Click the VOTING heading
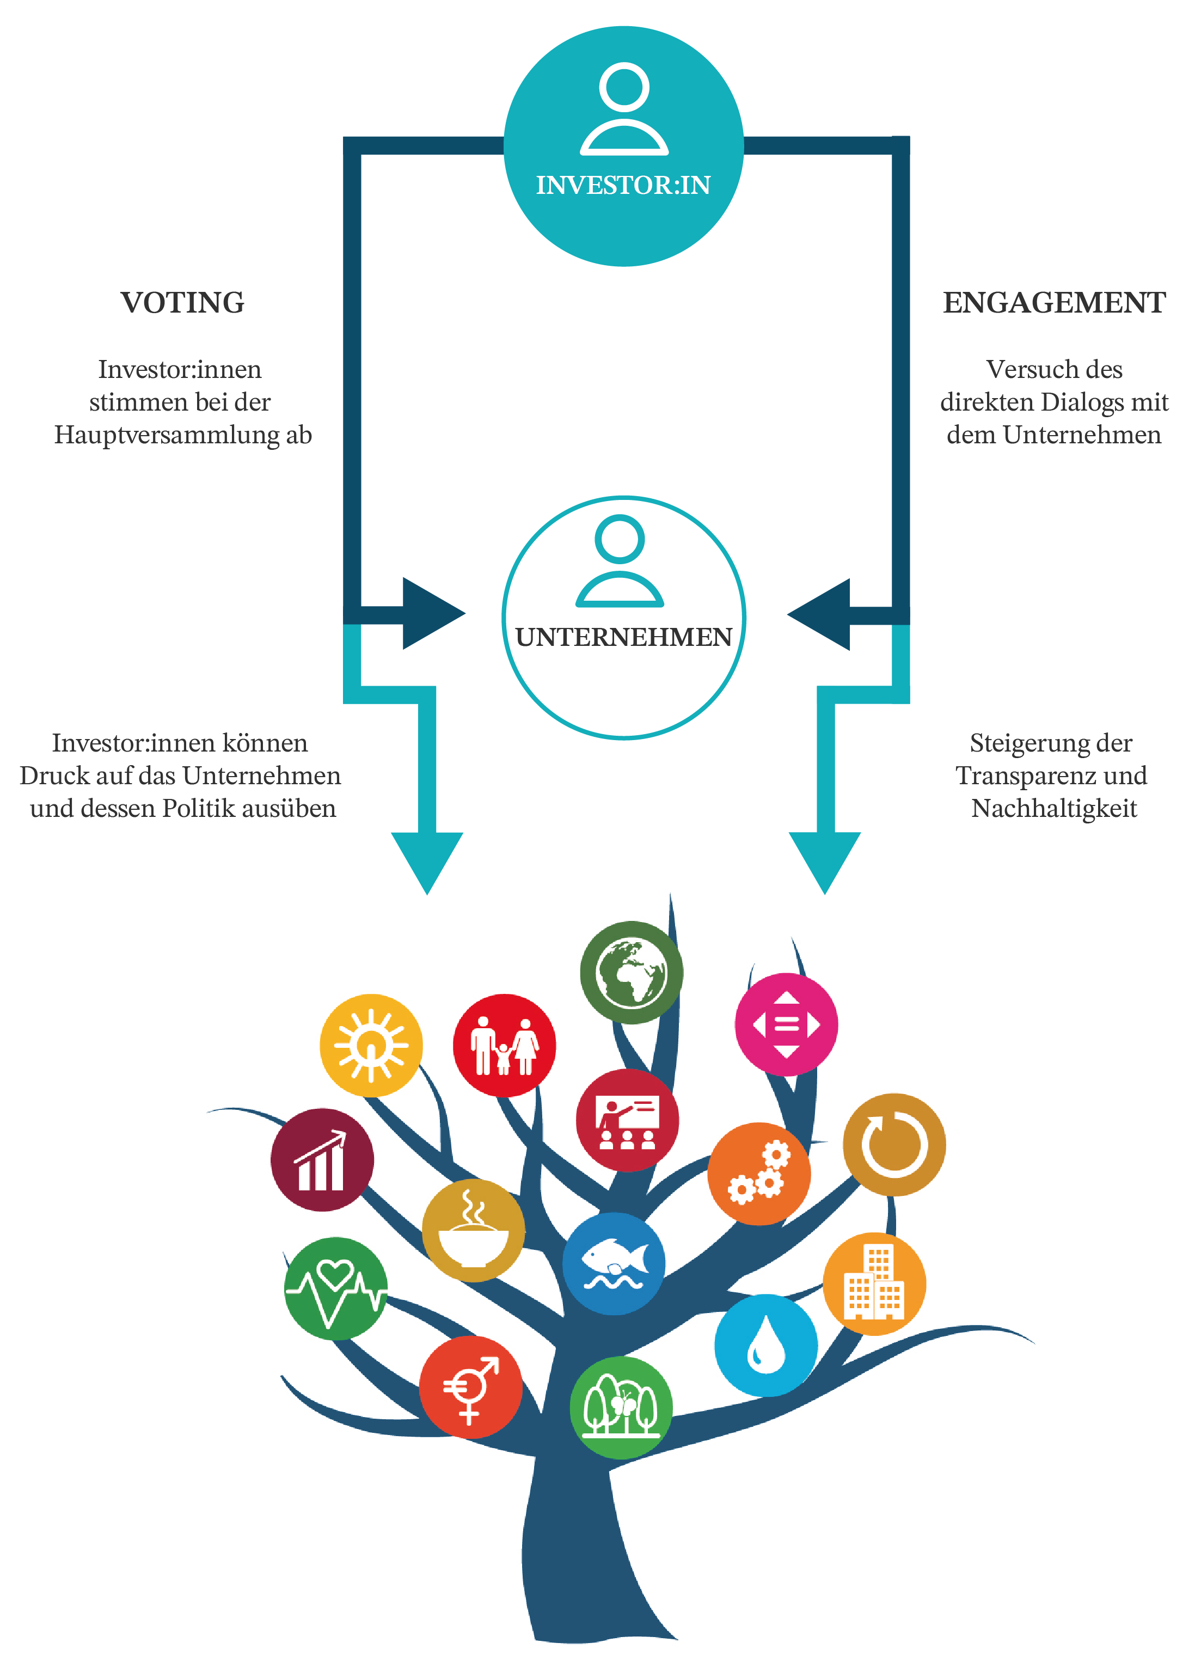click(182, 303)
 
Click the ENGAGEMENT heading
click(1053, 303)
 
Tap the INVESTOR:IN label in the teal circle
click(623, 185)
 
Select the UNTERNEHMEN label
click(623, 637)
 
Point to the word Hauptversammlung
click(167, 434)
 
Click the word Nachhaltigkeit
click(1053, 808)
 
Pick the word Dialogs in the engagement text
click(1088, 402)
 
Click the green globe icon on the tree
click(630, 972)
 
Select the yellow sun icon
click(371, 1045)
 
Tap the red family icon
click(504, 1045)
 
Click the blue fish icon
click(614, 1263)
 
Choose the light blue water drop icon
click(765, 1345)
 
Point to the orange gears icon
click(759, 1173)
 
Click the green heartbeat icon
click(335, 1288)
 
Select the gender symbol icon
click(470, 1388)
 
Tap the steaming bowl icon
click(473, 1230)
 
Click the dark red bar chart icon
click(322, 1159)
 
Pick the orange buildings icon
click(873, 1284)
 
